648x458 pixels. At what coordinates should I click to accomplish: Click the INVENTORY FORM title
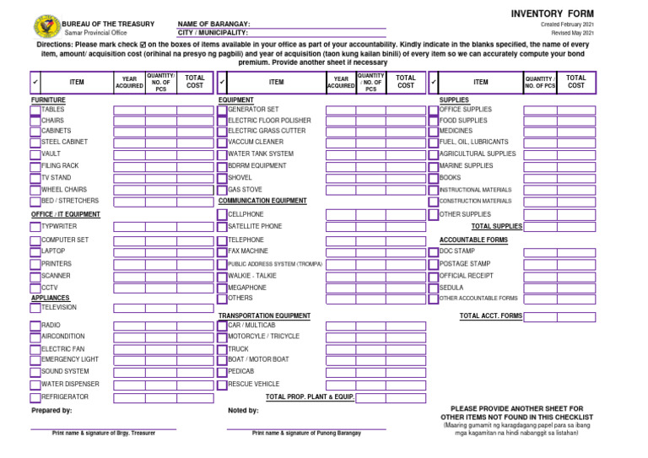(552, 14)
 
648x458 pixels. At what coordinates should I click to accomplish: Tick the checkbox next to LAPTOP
(35, 252)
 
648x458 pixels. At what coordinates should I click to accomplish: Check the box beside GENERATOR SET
(222, 110)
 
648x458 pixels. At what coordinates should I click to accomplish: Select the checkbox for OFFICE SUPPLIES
(434, 110)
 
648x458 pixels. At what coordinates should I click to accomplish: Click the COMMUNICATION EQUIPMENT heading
(262, 202)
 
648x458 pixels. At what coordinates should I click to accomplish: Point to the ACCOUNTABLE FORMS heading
(473, 240)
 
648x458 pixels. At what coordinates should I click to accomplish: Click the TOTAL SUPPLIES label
(496, 227)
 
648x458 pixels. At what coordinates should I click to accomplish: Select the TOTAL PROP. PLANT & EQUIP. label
(310, 396)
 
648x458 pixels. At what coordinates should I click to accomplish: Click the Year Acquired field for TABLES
(130, 110)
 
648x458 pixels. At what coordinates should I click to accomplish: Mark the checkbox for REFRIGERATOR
(35, 397)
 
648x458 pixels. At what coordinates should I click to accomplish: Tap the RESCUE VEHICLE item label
(253, 385)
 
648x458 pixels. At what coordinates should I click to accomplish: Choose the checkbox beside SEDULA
(434, 288)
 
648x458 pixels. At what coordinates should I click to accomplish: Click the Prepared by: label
(51, 411)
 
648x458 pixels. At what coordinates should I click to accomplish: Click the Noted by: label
(243, 411)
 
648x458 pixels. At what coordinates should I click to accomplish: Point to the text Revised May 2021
(573, 33)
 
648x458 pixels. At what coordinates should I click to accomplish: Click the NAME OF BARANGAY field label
(213, 24)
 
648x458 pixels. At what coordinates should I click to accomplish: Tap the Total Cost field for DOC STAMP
(576, 252)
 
